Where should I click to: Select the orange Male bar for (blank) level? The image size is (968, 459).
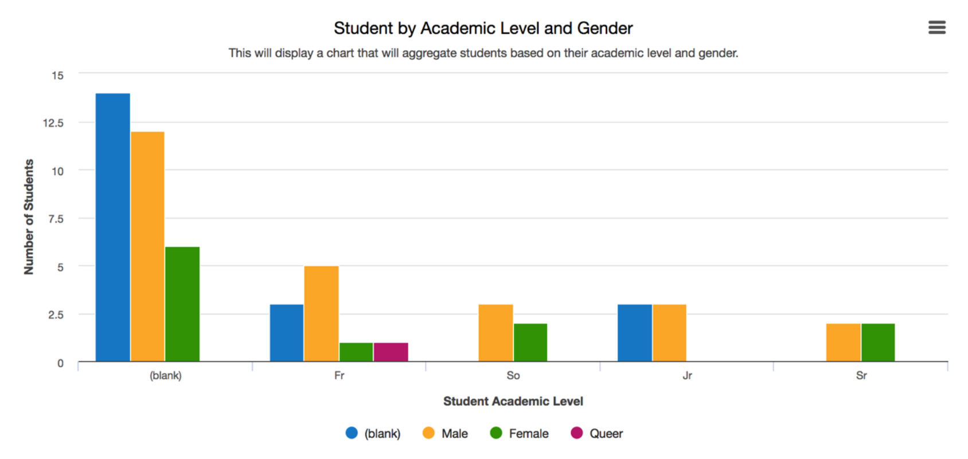coord(147,247)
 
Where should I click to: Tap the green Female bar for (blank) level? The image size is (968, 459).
coord(182,304)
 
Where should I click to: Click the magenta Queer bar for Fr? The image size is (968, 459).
coord(391,352)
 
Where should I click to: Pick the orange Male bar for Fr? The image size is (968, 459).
coord(321,314)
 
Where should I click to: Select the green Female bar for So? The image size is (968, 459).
coord(530,343)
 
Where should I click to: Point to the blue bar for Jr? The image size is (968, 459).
coord(634,333)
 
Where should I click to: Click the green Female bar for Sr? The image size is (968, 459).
coord(878,343)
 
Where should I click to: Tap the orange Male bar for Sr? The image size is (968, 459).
coord(843,343)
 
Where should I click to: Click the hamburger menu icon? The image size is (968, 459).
coord(936,28)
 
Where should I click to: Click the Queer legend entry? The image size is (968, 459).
coord(597,434)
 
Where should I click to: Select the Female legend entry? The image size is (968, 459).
coord(520,434)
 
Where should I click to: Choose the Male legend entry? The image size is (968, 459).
coord(446,434)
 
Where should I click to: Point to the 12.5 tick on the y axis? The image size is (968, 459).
coord(53,123)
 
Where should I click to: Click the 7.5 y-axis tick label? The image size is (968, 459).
coord(56,219)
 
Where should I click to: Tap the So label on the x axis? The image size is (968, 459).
coord(513,376)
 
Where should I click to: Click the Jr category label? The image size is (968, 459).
coord(687,376)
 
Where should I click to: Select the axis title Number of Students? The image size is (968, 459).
coord(29,217)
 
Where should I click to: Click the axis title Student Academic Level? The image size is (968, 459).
coord(513,402)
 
